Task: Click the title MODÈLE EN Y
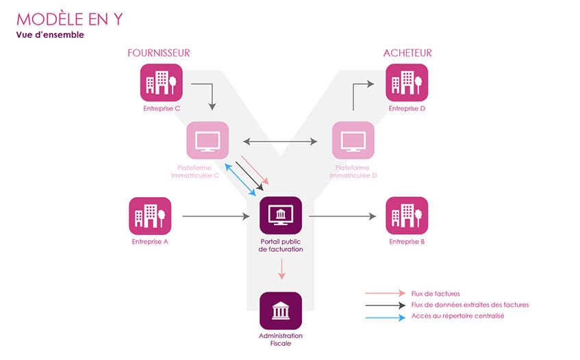[69, 19]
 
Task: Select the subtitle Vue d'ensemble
[50, 35]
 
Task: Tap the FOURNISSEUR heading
[158, 53]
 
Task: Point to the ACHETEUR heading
[407, 53]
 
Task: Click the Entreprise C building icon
[162, 83]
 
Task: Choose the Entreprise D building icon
[407, 83]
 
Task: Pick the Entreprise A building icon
[150, 216]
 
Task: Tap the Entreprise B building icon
[407, 216]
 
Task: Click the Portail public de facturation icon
[281, 216]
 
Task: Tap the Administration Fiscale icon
[281, 311]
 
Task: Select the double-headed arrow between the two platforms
[281, 142]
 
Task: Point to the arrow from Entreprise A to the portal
[216, 217]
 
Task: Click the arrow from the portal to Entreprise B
[342, 217]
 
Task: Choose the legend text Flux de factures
[436, 293]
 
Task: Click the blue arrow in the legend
[386, 316]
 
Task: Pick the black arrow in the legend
[386, 305]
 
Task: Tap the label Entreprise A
[150, 242]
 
